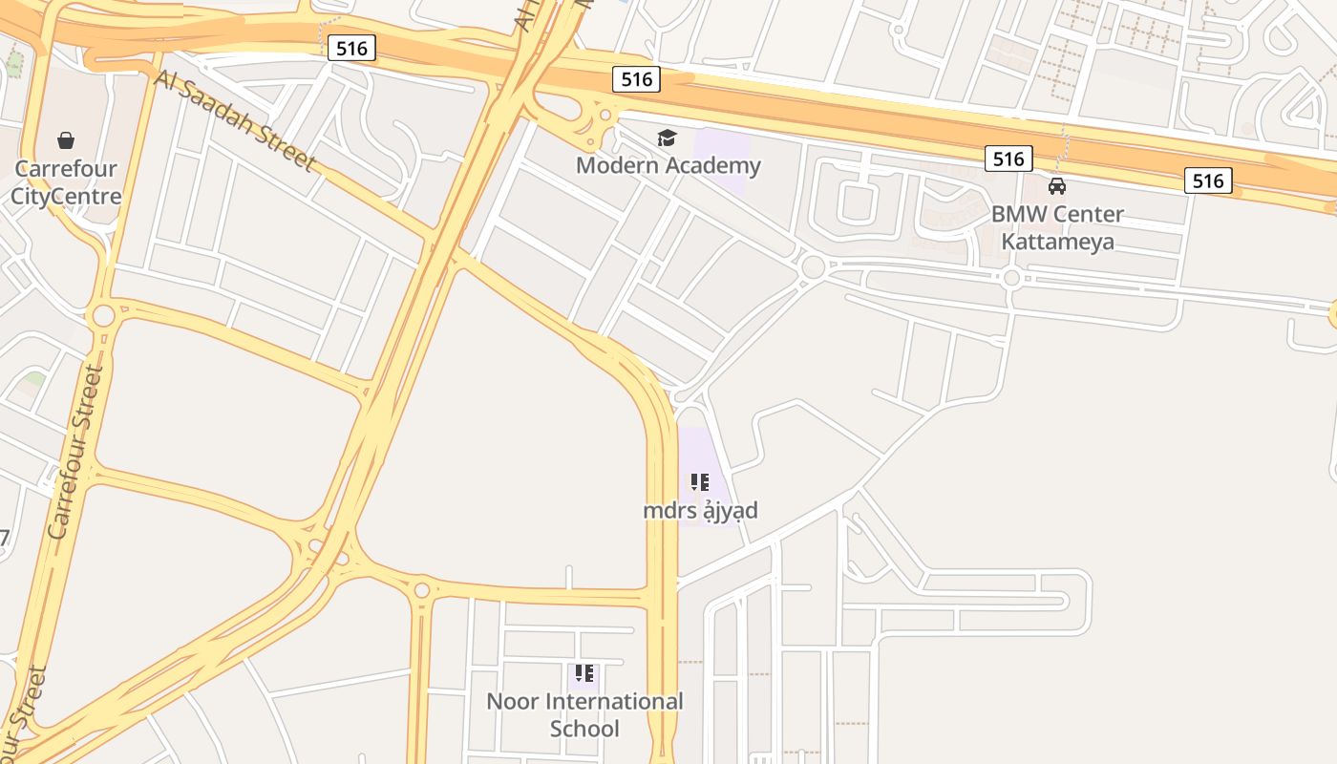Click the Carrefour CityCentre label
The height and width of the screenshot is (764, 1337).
pyautogui.click(x=66, y=182)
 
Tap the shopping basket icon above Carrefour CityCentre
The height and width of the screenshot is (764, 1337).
pyautogui.click(x=66, y=141)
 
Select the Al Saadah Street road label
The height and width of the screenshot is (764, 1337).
pyautogui.click(x=234, y=120)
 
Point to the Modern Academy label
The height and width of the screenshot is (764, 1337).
pyautogui.click(x=668, y=165)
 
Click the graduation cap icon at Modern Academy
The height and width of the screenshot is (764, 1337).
pyautogui.click(x=667, y=138)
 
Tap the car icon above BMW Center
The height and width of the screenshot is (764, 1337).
pyautogui.click(x=1057, y=186)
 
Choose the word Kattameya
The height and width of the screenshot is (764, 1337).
pyautogui.click(x=1057, y=241)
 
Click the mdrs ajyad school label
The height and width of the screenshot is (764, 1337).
pyautogui.click(x=700, y=510)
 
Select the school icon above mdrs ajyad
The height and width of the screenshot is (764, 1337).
pyautogui.click(x=700, y=482)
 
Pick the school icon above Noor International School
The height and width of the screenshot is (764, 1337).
pyautogui.click(x=584, y=673)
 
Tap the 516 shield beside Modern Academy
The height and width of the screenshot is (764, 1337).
pyautogui.click(x=636, y=79)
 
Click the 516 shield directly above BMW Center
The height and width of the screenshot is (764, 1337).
pyautogui.click(x=1008, y=159)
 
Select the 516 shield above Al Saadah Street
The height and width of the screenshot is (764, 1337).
pyautogui.click(x=351, y=49)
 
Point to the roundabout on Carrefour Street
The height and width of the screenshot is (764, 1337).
pyautogui.click(x=103, y=315)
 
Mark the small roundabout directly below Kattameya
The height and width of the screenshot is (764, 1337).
pyautogui.click(x=1011, y=278)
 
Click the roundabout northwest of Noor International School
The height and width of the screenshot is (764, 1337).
pyautogui.click(x=421, y=590)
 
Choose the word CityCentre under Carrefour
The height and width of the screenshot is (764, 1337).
pyautogui.click(x=66, y=197)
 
